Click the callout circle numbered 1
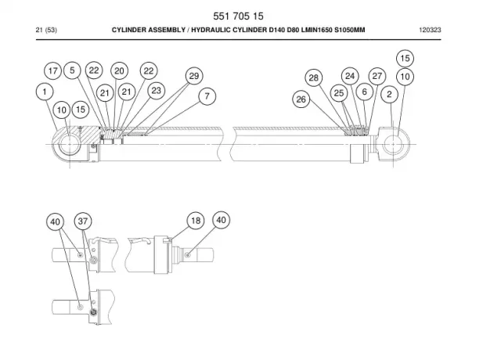[x=45, y=92]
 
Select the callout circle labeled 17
[x=53, y=70]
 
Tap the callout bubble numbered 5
[x=72, y=70]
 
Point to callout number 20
[x=119, y=71]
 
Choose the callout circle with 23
[x=157, y=91]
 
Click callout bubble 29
[x=194, y=76]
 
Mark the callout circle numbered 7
[x=207, y=95]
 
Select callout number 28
[x=314, y=78]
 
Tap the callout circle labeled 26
[x=301, y=99]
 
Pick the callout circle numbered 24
[x=350, y=76]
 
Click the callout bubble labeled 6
[x=365, y=92]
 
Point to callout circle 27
[x=377, y=76]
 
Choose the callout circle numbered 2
[x=389, y=94]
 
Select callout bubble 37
[x=83, y=221]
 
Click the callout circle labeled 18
[x=196, y=221]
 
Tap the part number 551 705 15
[x=238, y=16]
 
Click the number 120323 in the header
[x=430, y=30]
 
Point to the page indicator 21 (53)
[x=46, y=30]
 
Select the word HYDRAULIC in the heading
[x=211, y=30]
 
